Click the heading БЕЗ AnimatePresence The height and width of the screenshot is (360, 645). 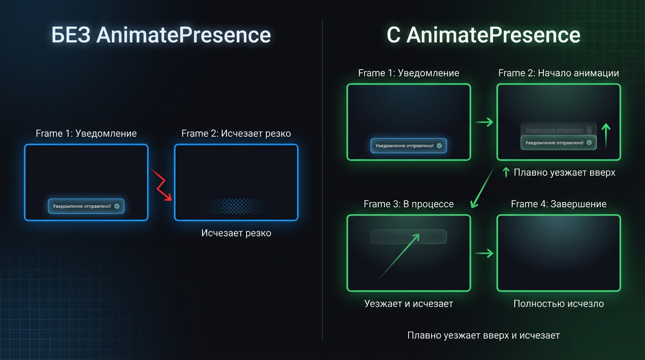pyautogui.click(x=161, y=36)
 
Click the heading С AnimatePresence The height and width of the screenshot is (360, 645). pyautogui.click(x=483, y=36)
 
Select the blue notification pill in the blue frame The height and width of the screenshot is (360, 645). pyautogui.click(x=86, y=206)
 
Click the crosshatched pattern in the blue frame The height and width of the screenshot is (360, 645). pyautogui.click(x=236, y=206)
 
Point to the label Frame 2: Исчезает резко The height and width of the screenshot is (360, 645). pyautogui.click(x=236, y=134)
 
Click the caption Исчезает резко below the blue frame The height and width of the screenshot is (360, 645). pyautogui.click(x=236, y=233)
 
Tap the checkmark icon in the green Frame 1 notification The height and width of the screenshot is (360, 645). pyautogui.click(x=439, y=146)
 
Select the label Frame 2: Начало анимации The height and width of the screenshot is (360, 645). pyautogui.click(x=558, y=73)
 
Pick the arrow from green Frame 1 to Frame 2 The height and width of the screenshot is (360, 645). pyautogui.click(x=483, y=122)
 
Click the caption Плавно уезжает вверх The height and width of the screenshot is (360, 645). pyautogui.click(x=564, y=172)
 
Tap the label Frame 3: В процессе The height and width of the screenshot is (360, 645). pyautogui.click(x=408, y=204)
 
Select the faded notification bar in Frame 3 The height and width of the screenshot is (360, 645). pyautogui.click(x=408, y=237)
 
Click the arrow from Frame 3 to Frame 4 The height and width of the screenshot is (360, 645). pyautogui.click(x=483, y=254)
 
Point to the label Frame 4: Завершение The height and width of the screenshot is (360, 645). pyautogui.click(x=558, y=204)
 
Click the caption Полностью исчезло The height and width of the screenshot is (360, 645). pyautogui.click(x=558, y=304)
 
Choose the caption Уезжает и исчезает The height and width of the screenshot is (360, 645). pyautogui.click(x=408, y=304)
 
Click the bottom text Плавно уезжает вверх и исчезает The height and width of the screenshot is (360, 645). pyautogui.click(x=483, y=336)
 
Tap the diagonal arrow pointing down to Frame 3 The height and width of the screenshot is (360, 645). pyautogui.click(x=483, y=187)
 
